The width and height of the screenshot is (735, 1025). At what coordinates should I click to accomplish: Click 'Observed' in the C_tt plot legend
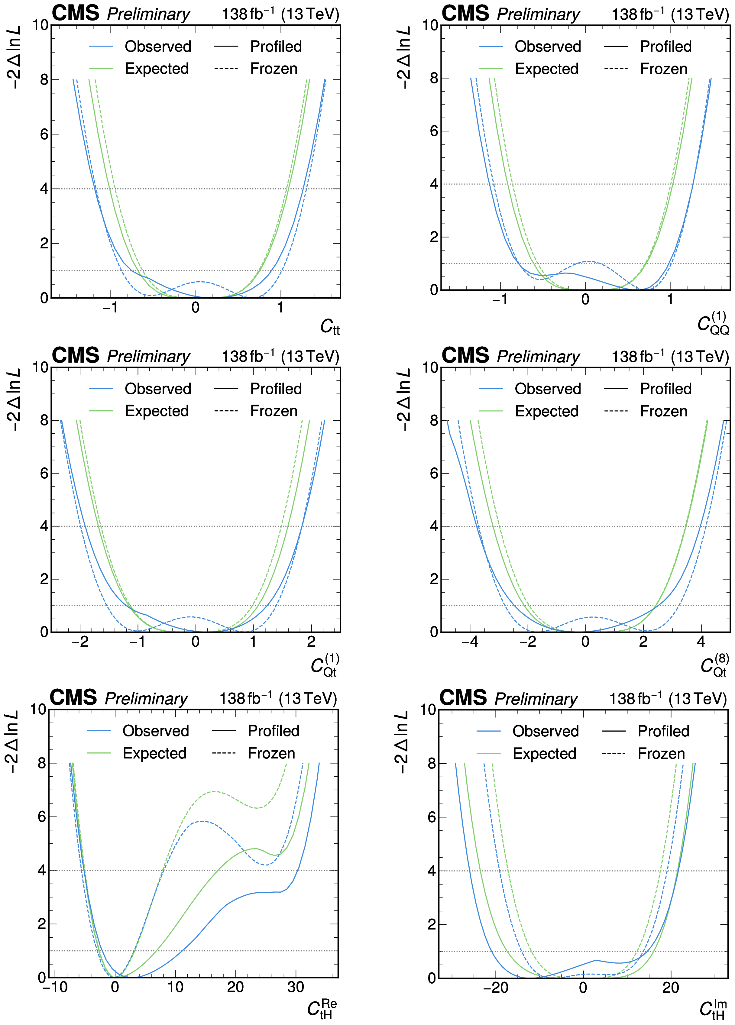coord(158,47)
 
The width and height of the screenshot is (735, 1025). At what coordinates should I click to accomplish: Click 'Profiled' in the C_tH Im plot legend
coord(663,731)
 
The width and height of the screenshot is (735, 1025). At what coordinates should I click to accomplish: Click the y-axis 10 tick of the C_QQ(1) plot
coord(430,25)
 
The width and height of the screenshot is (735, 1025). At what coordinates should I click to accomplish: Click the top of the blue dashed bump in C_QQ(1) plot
coord(588,261)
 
